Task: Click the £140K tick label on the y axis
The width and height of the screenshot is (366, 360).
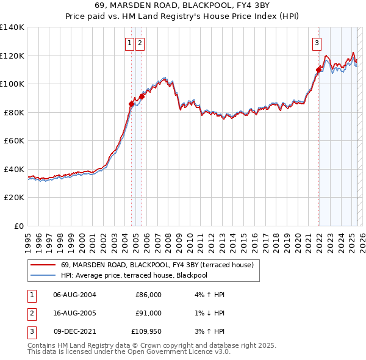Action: (12, 27)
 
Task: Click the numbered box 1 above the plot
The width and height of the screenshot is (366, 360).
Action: (130, 43)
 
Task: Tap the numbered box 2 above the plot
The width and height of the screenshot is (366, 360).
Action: (140, 43)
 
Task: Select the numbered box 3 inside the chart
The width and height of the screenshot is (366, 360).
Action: (317, 43)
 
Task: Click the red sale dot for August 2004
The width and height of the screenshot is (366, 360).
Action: (131, 104)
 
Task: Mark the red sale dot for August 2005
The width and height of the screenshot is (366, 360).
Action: (142, 96)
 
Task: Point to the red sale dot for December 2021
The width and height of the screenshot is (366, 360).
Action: (318, 70)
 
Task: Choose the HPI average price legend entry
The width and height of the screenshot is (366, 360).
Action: (143, 275)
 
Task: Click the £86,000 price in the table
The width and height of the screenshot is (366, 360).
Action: (148, 295)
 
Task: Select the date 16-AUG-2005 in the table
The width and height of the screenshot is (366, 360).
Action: (74, 313)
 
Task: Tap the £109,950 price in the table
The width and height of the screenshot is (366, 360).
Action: (146, 331)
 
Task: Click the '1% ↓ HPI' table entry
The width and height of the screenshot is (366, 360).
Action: (208, 313)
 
